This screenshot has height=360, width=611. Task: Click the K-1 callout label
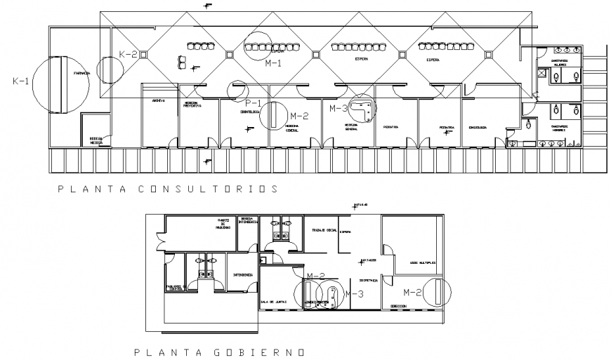point(21,81)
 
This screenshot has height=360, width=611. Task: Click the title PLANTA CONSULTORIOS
point(168,189)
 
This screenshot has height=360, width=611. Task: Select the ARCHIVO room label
point(159,100)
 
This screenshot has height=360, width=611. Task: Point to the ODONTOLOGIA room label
point(250,112)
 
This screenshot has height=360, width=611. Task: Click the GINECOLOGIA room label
point(482,128)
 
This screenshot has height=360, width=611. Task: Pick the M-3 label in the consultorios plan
point(339,108)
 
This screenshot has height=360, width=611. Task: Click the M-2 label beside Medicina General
point(298,116)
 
